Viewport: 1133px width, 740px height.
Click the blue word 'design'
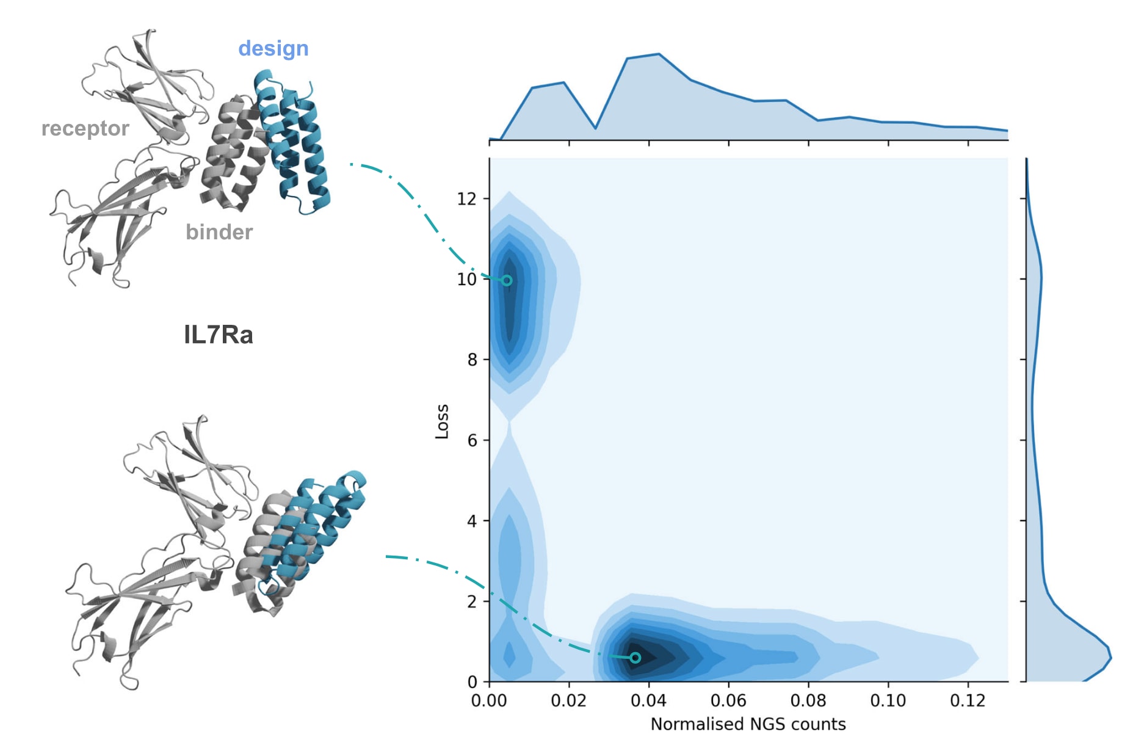pos(273,49)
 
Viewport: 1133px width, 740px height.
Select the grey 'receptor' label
pos(85,129)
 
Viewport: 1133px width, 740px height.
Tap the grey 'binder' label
pos(219,232)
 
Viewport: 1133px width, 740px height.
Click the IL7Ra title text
pos(219,335)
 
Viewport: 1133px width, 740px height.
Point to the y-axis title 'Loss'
pos(442,421)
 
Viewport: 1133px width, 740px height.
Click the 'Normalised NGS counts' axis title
pos(748,724)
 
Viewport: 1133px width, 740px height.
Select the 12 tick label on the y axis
pos(466,198)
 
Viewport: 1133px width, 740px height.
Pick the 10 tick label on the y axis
pos(466,279)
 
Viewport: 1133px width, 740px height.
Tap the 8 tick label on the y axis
pos(472,360)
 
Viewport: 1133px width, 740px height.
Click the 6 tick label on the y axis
pos(472,440)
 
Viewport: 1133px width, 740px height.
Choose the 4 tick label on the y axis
pos(472,521)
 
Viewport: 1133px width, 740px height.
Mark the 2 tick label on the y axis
pos(472,601)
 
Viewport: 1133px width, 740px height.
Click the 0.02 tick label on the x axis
pos(568,700)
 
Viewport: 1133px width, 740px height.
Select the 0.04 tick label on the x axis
pos(648,700)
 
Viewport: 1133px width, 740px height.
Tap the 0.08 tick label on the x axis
pos(808,700)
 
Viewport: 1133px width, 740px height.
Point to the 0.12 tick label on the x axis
pos(968,700)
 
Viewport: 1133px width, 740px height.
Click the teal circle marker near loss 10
pos(507,281)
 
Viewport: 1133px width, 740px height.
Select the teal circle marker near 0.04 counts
pos(635,658)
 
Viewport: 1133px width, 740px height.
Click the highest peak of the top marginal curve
pos(659,54)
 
